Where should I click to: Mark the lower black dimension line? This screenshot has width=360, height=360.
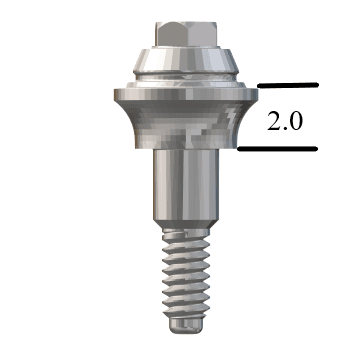278,150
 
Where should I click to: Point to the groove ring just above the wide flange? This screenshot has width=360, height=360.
180,79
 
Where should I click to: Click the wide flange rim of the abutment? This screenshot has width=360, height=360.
180,96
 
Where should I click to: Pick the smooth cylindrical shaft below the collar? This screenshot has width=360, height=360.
180,190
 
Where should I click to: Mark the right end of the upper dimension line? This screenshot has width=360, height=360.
316,86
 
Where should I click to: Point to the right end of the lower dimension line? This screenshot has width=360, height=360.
316,150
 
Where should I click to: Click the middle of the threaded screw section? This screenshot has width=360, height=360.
180,282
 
